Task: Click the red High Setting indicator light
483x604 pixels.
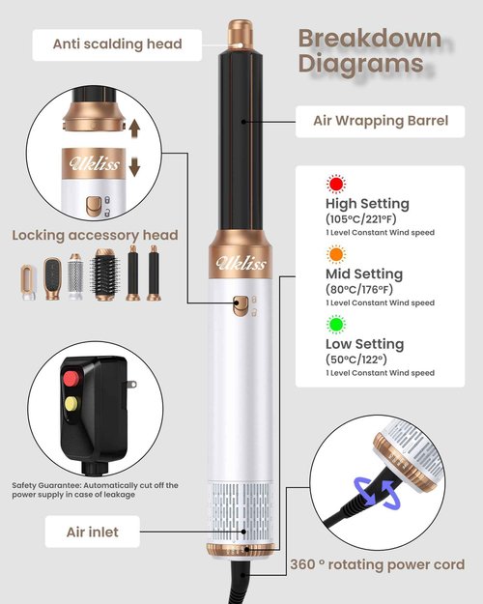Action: [336, 185]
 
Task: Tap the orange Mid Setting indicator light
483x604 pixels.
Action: [336, 254]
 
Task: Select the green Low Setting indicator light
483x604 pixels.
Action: [336, 325]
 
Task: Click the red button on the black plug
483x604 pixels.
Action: [71, 379]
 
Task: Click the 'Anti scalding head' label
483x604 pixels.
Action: [117, 44]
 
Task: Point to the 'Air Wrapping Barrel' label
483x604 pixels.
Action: [381, 122]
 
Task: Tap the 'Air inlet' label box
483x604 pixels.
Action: [93, 532]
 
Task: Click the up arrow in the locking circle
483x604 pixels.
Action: [134, 129]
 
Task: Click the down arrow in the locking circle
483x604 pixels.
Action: [134, 167]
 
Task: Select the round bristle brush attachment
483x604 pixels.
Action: [104, 274]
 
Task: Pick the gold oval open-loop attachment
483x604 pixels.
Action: [28, 282]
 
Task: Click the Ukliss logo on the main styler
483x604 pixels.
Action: [241, 263]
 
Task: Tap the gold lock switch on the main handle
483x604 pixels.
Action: [241, 305]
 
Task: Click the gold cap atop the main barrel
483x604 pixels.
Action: [241, 35]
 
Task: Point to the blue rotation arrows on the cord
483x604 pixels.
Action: [378, 492]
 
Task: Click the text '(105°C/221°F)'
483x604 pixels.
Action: [361, 219]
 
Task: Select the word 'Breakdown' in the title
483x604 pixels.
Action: [370, 39]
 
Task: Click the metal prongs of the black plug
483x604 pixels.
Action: [129, 384]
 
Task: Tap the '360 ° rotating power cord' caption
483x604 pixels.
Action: [378, 564]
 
